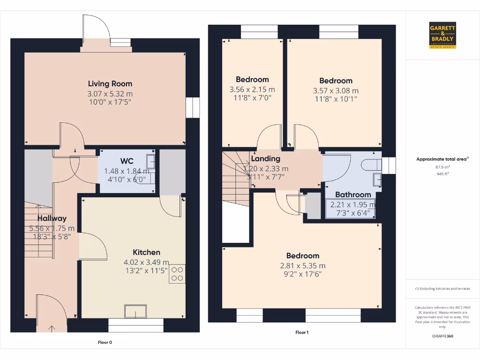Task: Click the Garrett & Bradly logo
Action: [442, 35]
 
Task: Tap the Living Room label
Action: [110, 84]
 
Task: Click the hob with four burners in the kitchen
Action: [177, 273]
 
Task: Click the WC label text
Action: [127, 161]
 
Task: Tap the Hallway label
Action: [52, 218]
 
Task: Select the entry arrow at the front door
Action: [52, 328]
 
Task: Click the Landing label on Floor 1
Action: [265, 159]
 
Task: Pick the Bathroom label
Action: [353, 195]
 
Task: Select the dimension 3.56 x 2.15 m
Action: [252, 90]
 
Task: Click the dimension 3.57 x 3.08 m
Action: [336, 90]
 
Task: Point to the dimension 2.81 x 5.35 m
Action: [303, 266]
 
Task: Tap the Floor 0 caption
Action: [105, 342]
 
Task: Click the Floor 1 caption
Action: [302, 332]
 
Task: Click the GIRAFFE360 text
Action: [442, 336]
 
